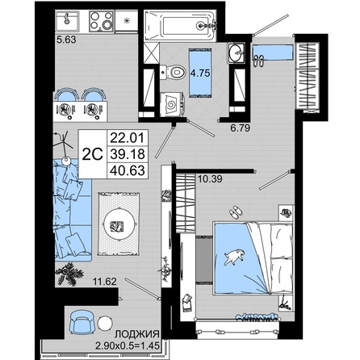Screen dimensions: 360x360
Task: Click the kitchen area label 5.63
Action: tap(66, 40)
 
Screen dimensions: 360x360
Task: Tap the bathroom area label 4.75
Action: tap(200, 73)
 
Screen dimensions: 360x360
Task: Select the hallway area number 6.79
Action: tap(241, 128)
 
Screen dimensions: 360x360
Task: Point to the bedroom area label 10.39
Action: tap(210, 179)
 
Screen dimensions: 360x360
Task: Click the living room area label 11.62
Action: tap(105, 282)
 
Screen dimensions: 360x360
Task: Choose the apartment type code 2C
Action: tap(93, 154)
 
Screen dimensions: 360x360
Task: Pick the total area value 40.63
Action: tap(128, 170)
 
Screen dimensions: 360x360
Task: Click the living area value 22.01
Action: tap(128, 138)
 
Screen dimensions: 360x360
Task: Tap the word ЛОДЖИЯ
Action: tap(137, 334)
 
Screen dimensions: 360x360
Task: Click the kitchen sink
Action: tap(67, 21)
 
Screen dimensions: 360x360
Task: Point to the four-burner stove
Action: tap(102, 22)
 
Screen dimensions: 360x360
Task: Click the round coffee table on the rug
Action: tap(119, 224)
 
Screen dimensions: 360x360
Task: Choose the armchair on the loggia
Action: tap(81, 321)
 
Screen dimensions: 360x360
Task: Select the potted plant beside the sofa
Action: tap(69, 274)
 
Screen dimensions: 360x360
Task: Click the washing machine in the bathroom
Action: tap(172, 105)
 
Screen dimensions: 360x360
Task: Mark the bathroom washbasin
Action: tap(237, 53)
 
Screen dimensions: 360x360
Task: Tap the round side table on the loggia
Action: tap(105, 324)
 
